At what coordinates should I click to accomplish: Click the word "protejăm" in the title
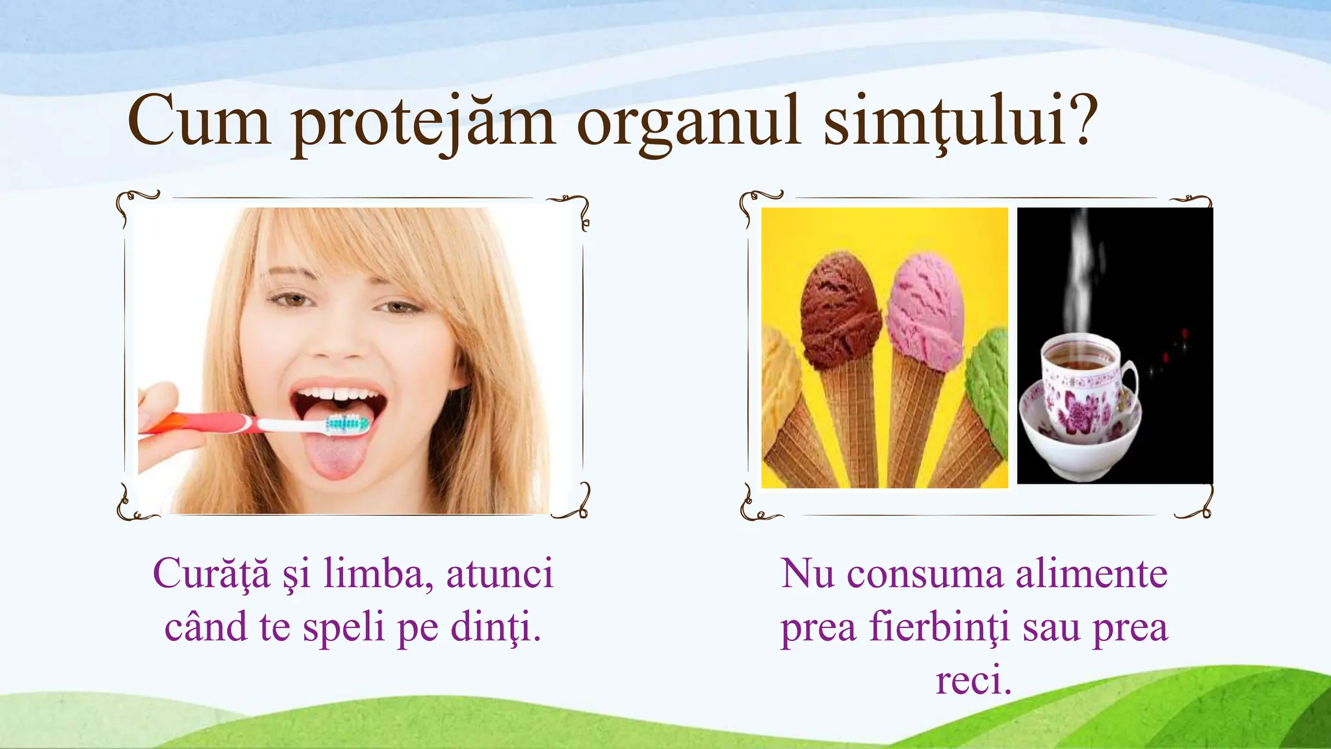[x=422, y=124]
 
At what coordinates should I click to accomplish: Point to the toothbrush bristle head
[x=347, y=425]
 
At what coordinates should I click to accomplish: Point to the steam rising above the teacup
[x=1079, y=273]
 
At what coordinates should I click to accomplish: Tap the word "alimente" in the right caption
[x=1092, y=573]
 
